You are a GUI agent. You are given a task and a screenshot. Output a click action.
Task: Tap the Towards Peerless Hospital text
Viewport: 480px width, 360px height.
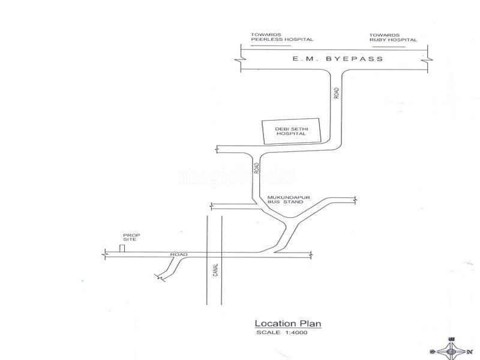pyautogui.click(x=282, y=37)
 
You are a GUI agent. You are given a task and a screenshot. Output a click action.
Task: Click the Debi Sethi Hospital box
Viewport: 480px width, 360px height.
pyautogui.click(x=291, y=131)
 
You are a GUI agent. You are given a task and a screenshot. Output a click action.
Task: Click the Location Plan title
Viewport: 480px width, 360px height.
pyautogui.click(x=288, y=323)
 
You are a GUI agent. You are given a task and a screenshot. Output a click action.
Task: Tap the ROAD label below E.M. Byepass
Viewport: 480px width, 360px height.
pyautogui.click(x=337, y=94)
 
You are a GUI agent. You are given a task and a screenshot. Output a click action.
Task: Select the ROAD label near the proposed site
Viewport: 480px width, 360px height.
pyautogui.click(x=179, y=255)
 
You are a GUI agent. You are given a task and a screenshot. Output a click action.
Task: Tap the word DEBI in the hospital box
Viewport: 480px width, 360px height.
pyautogui.click(x=282, y=128)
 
